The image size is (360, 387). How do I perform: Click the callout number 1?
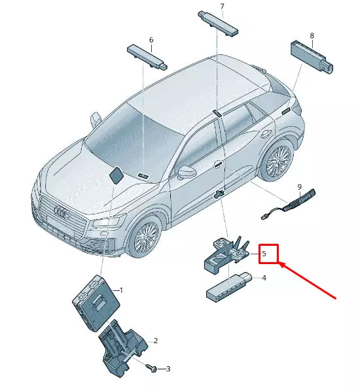(x=120, y=290)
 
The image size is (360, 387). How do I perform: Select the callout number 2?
(x=155, y=341)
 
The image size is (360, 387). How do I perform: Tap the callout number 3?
(x=168, y=369)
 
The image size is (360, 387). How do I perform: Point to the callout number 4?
(x=264, y=278)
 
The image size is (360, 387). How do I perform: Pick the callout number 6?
(x=151, y=40)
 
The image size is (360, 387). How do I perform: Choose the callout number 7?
(x=222, y=7)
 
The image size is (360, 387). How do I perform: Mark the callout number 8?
(x=312, y=35)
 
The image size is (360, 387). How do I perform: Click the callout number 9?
(x=299, y=186)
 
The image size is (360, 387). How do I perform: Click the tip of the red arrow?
(x=279, y=263)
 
